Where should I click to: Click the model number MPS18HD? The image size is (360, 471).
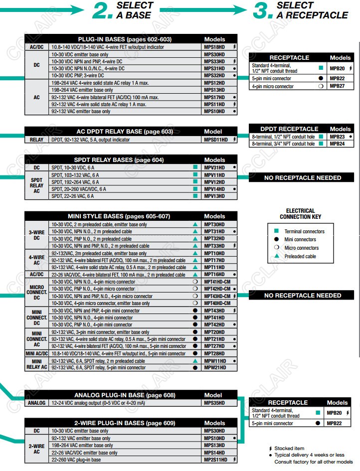[214, 47]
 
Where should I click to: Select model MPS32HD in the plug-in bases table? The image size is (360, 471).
[214, 75]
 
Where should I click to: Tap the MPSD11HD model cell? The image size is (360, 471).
[216, 140]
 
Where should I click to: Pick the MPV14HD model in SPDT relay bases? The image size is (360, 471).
[214, 189]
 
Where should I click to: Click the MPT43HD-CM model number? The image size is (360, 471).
[217, 296]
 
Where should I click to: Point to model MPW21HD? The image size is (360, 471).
[214, 368]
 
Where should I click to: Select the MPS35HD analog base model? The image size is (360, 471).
[214, 403]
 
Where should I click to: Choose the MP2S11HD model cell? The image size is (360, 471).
[216, 460]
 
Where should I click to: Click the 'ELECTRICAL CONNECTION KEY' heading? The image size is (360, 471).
[300, 214]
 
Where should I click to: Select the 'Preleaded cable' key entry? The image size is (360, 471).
[300, 256]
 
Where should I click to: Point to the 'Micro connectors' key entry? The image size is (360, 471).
[301, 248]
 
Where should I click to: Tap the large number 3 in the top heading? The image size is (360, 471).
[262, 11]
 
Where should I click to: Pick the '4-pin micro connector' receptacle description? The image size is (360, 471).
[273, 86]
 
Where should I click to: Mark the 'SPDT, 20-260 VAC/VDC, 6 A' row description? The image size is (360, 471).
[79, 189]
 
